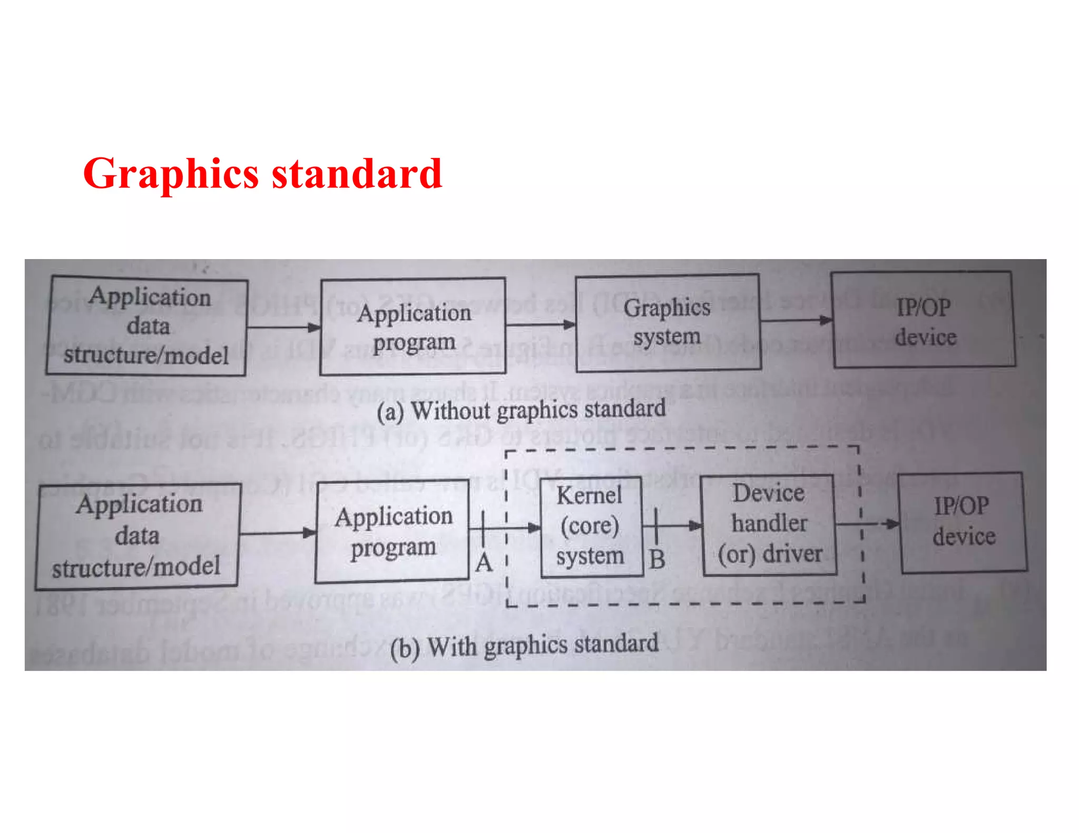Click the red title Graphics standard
pyautogui.click(x=262, y=173)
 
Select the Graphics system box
pyautogui.click(x=668, y=322)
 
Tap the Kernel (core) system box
pyautogui.click(x=591, y=526)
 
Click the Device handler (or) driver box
pyautogui.click(x=769, y=524)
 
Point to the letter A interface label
pyautogui.click(x=484, y=563)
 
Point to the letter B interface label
pyautogui.click(x=656, y=559)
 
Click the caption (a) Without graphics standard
pyautogui.click(x=521, y=410)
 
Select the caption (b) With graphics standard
pyautogui.click(x=524, y=646)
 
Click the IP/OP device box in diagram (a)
pyautogui.click(x=924, y=320)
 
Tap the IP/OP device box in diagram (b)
pyautogui.click(x=963, y=522)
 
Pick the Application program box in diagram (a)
pyautogui.click(x=413, y=326)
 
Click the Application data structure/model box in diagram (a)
pyautogui.click(x=146, y=326)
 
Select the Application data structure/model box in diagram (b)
pyautogui.click(x=138, y=535)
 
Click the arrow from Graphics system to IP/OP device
pyautogui.click(x=796, y=320)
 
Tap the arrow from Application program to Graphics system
pyautogui.click(x=541, y=324)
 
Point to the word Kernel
pyautogui.click(x=589, y=495)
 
